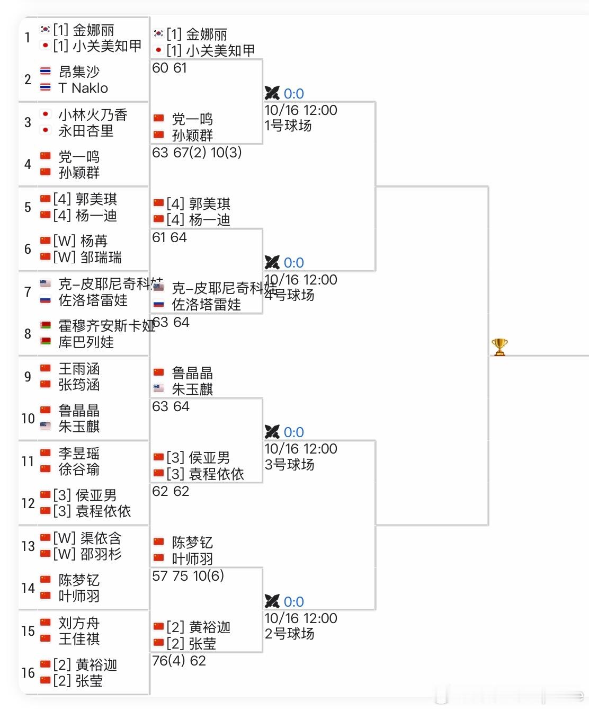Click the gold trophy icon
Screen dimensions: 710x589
[x=499, y=347]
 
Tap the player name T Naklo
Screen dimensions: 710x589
[x=83, y=88]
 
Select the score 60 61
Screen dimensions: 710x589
[x=169, y=68]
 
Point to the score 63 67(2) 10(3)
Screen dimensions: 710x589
[x=197, y=153]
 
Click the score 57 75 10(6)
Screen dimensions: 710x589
[x=188, y=576]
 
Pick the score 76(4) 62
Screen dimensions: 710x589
[x=179, y=661]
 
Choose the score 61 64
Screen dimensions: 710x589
[x=169, y=238]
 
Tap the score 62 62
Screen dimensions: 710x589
[x=171, y=492]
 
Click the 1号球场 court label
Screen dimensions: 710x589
[x=288, y=126]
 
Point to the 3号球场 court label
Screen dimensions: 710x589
[x=289, y=465]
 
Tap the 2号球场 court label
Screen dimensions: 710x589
[x=289, y=634]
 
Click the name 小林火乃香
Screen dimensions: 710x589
[x=93, y=115]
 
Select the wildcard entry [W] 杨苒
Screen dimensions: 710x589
[x=81, y=241]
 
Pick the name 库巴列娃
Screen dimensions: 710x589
[x=86, y=342]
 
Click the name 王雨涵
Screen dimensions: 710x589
[x=79, y=369]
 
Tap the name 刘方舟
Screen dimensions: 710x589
[x=79, y=623]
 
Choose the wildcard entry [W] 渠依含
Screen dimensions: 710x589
[x=87, y=538]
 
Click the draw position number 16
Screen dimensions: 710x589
[x=28, y=673]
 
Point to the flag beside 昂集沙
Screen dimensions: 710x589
[x=46, y=72]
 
